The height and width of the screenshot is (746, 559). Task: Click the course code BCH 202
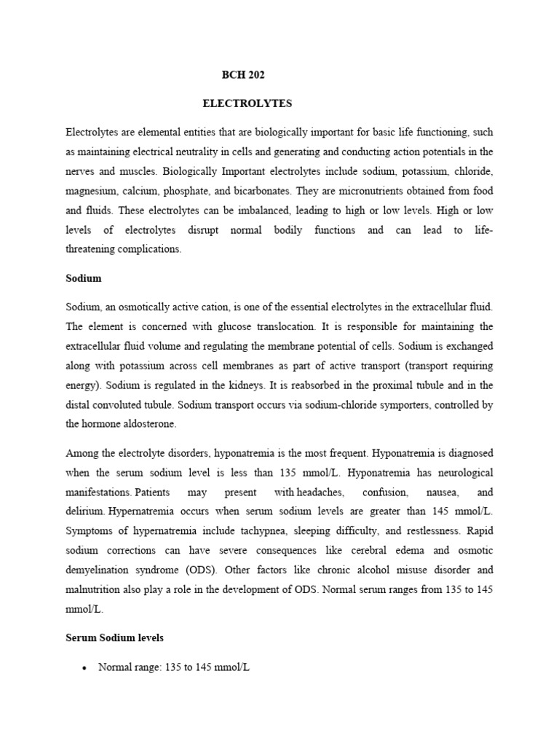click(248, 75)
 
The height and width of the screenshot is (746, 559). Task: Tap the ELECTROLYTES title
click(247, 103)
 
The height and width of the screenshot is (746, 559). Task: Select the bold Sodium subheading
click(83, 278)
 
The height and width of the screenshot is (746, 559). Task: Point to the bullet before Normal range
click(86, 667)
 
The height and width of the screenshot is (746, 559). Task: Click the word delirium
click(85, 511)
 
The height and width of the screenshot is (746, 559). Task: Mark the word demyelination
click(103, 568)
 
